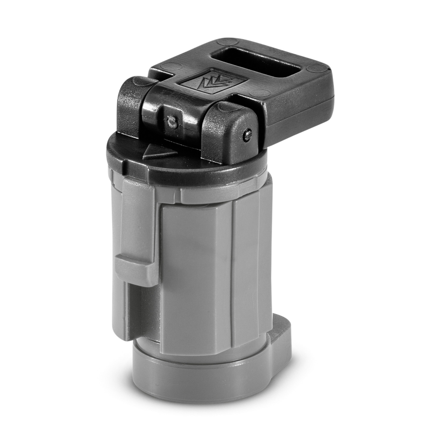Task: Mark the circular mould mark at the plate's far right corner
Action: coord(317,69)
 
